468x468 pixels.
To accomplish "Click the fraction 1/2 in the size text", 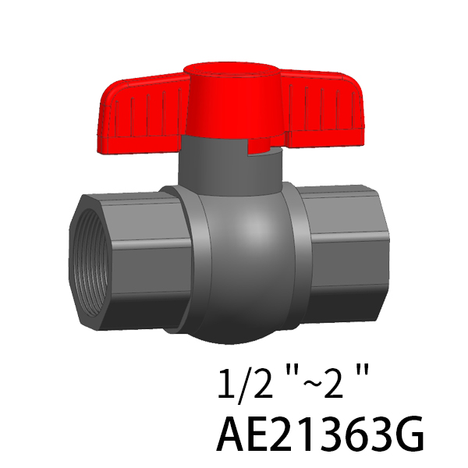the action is coord(246,383).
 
